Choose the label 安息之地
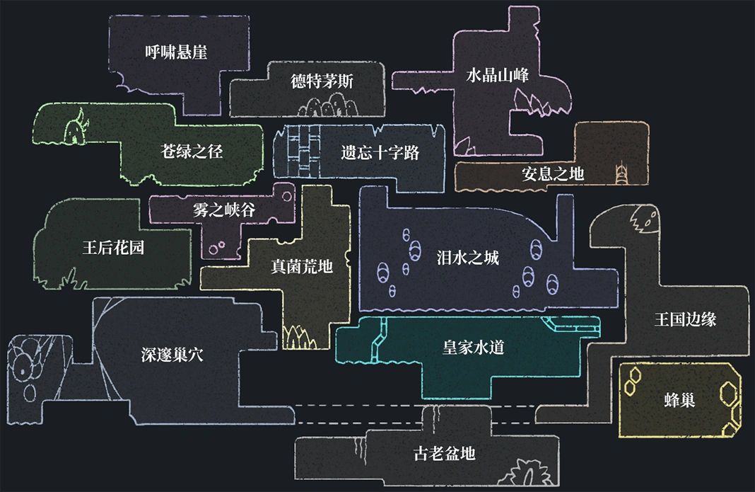(x=553, y=173)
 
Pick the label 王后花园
(x=113, y=248)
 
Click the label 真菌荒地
(x=302, y=266)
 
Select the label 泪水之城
(x=468, y=258)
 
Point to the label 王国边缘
(x=686, y=319)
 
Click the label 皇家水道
(x=473, y=348)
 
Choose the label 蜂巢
(x=680, y=399)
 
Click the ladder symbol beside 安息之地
(x=621, y=172)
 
